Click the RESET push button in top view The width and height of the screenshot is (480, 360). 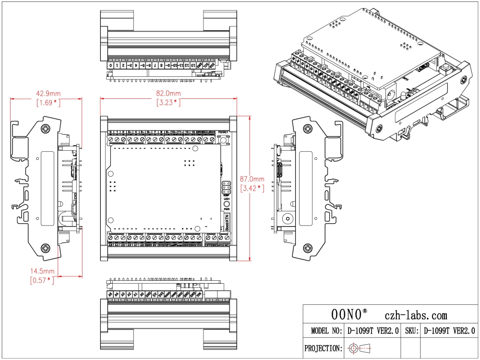pos(223,139)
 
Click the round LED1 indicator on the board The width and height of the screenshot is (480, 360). pos(227,204)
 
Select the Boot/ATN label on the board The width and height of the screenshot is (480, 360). pos(227,223)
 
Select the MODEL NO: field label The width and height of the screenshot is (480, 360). pos(326,331)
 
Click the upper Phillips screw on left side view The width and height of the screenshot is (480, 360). pos(46,129)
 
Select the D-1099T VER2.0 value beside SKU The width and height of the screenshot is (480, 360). pos(449,331)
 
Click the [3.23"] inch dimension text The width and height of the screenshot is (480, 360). pos(168,102)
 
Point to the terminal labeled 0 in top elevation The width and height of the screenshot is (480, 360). pos(111,65)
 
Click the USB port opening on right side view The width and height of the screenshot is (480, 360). pos(278,170)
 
